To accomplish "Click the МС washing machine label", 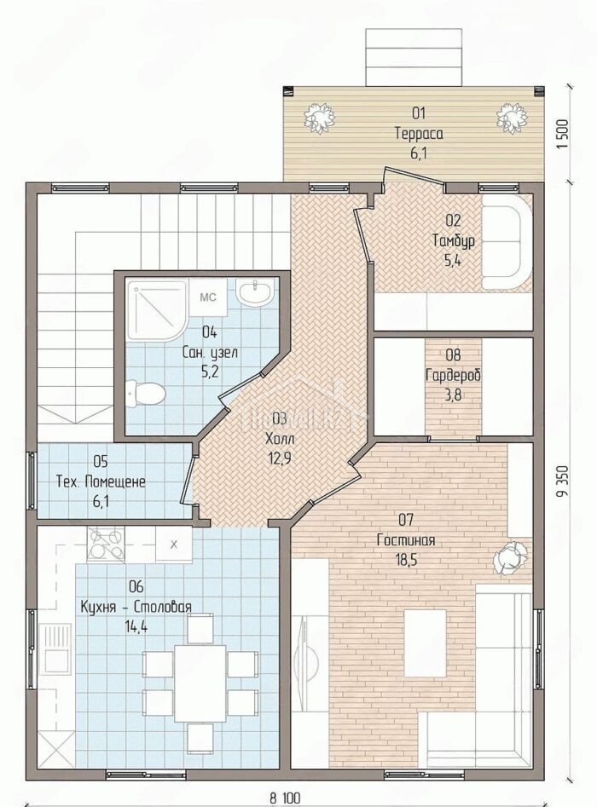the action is (x=207, y=297).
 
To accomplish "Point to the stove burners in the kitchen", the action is (x=106, y=545).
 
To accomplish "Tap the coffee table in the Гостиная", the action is (x=425, y=643).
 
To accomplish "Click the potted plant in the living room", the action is (x=510, y=557).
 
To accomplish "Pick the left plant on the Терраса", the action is (x=319, y=119).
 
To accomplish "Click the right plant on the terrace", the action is (x=512, y=119).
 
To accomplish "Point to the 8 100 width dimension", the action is (x=284, y=798).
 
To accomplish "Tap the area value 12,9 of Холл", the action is (x=280, y=458).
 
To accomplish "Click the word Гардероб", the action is (x=453, y=375).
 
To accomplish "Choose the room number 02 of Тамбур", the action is (x=453, y=221).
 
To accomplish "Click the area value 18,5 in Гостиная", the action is (x=406, y=559).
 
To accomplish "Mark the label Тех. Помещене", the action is (x=101, y=481).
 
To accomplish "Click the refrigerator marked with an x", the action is (x=174, y=544).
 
